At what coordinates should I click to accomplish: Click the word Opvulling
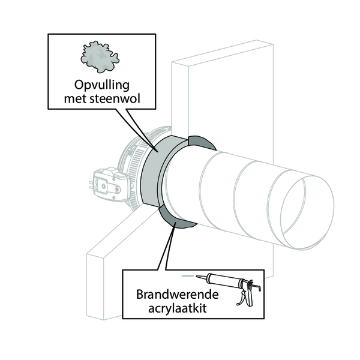[102, 86]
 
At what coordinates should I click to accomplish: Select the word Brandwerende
[177, 295]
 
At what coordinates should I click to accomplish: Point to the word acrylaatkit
[177, 308]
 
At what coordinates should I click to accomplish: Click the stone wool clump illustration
[100, 57]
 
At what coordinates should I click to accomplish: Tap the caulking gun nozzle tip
[197, 276]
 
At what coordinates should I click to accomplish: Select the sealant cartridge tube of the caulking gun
[224, 280]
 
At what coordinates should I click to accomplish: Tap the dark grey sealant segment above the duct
[201, 142]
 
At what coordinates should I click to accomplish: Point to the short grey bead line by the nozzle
[187, 276]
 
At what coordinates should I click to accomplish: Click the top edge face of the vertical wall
[222, 53]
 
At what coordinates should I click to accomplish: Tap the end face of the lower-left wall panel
[95, 287]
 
